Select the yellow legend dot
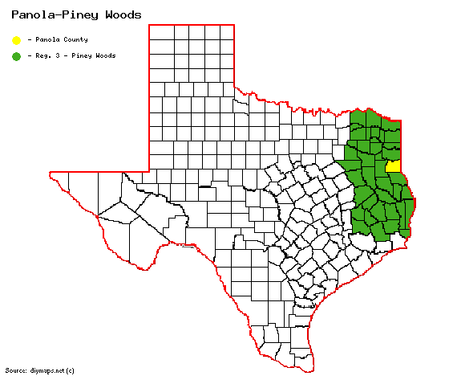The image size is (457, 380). tap(16, 39)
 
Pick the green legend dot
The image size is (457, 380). tap(16, 56)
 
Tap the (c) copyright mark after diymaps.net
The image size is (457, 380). tap(71, 370)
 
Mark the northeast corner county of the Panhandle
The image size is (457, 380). tap(227, 31)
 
